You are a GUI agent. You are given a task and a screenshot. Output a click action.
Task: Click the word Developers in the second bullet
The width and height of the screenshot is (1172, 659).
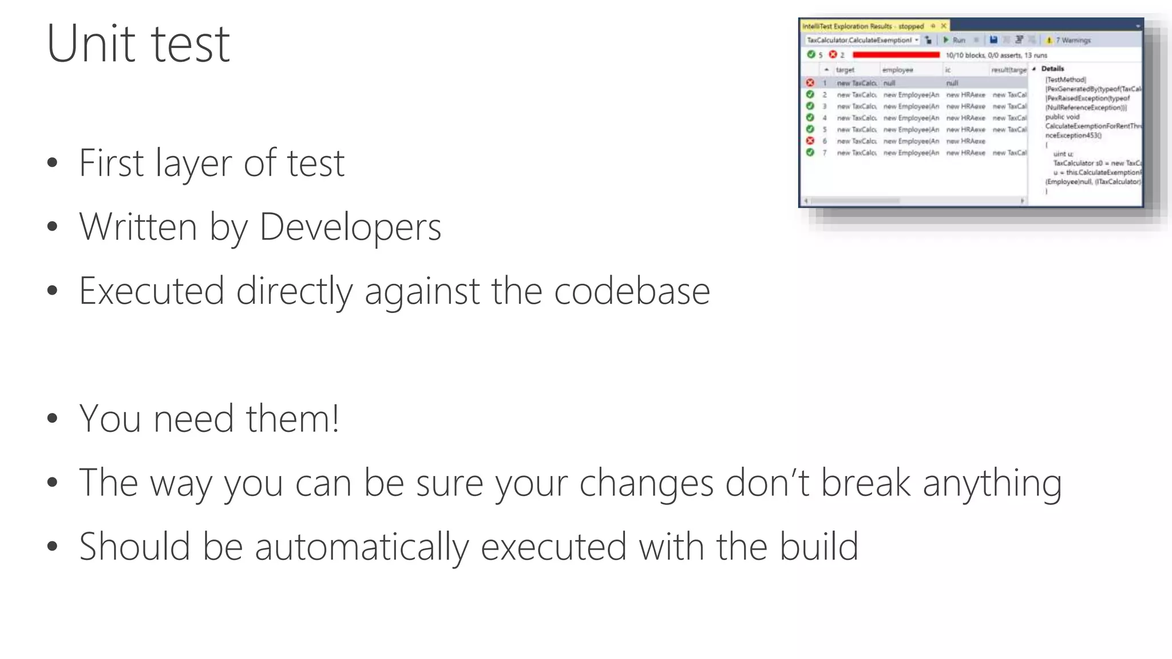pyautogui.click(x=350, y=227)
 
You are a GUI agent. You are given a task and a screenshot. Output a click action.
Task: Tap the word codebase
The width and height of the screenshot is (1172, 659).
pyautogui.click(x=632, y=291)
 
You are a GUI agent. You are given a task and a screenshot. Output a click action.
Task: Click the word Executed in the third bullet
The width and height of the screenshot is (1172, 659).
pyautogui.click(x=151, y=291)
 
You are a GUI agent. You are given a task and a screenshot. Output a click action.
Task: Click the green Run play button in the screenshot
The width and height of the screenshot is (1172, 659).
pyautogui.click(x=946, y=40)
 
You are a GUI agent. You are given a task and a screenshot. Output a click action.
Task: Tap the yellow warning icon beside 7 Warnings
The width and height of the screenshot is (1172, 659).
pyautogui.click(x=1049, y=40)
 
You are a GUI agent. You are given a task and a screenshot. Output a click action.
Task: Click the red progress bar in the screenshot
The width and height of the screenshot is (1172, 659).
pyautogui.click(x=896, y=55)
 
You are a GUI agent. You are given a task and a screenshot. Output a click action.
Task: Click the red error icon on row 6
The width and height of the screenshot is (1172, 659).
pyautogui.click(x=810, y=141)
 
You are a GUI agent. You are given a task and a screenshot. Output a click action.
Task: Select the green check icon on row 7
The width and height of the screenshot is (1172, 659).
pyautogui.click(x=810, y=153)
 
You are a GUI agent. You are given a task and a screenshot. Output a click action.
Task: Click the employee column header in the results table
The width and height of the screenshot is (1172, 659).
pyautogui.click(x=897, y=70)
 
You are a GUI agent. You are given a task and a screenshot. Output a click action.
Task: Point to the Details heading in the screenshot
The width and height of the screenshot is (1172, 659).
pyautogui.click(x=1052, y=69)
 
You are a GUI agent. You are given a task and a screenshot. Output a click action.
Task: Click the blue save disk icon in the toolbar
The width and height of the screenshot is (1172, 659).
pyautogui.click(x=993, y=40)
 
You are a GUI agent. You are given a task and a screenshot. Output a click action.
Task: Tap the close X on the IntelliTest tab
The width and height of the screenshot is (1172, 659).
pyautogui.click(x=944, y=26)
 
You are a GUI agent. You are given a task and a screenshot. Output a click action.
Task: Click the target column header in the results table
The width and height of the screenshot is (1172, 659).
pyautogui.click(x=845, y=70)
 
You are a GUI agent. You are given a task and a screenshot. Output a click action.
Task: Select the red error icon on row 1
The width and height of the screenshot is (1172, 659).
pyautogui.click(x=810, y=83)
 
